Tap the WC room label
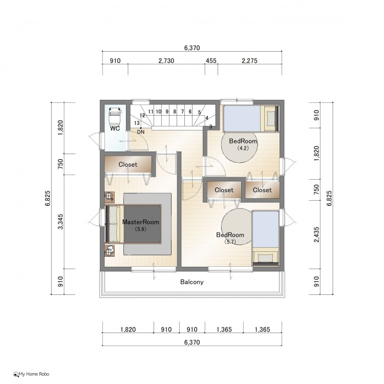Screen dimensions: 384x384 click(115, 129)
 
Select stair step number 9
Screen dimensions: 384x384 click(167, 112)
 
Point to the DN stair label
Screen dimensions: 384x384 click(141, 132)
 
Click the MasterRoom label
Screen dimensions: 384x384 click(141, 222)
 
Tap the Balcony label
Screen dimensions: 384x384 click(192, 282)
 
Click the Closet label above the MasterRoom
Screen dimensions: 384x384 click(128, 164)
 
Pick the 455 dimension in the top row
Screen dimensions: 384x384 click(211, 60)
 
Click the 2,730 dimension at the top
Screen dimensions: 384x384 click(166, 60)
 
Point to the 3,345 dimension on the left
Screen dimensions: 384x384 click(60, 222)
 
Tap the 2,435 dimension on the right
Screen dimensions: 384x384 click(316, 234)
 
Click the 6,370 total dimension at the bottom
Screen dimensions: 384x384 click(192, 342)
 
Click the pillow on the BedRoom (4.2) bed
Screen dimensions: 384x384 click(271, 119)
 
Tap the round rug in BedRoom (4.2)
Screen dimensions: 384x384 click(240, 146)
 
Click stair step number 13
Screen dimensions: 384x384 click(137, 123)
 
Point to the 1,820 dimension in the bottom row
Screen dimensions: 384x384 click(128, 329)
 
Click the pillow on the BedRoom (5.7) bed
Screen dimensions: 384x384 click(265, 258)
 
